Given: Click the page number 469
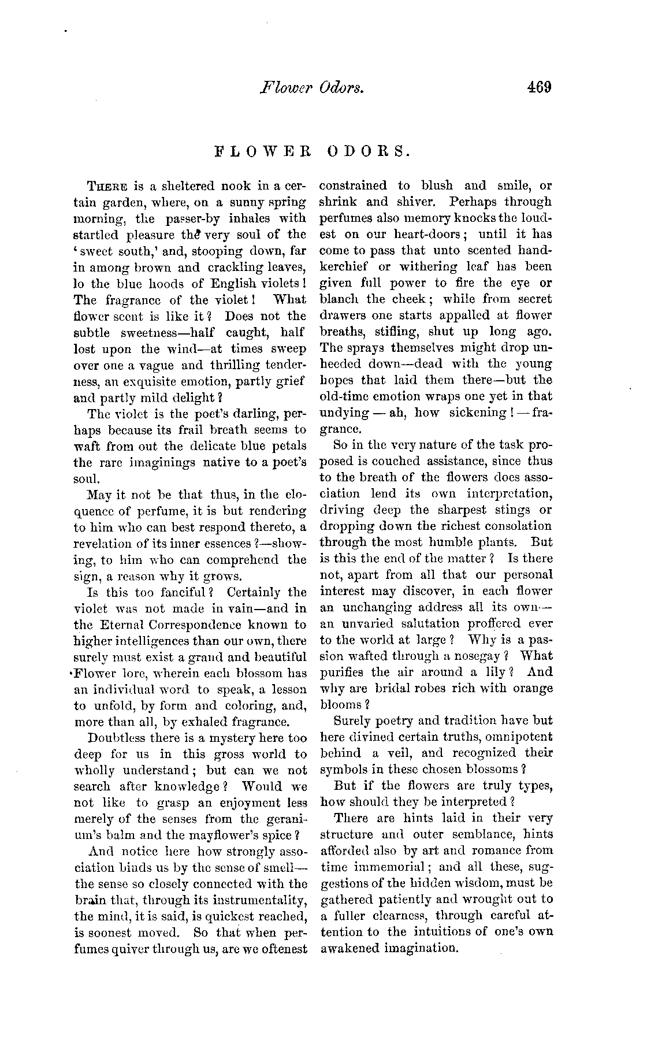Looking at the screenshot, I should click(540, 88).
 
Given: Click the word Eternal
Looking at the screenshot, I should click(120, 625).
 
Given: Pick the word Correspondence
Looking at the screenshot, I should click(191, 625).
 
